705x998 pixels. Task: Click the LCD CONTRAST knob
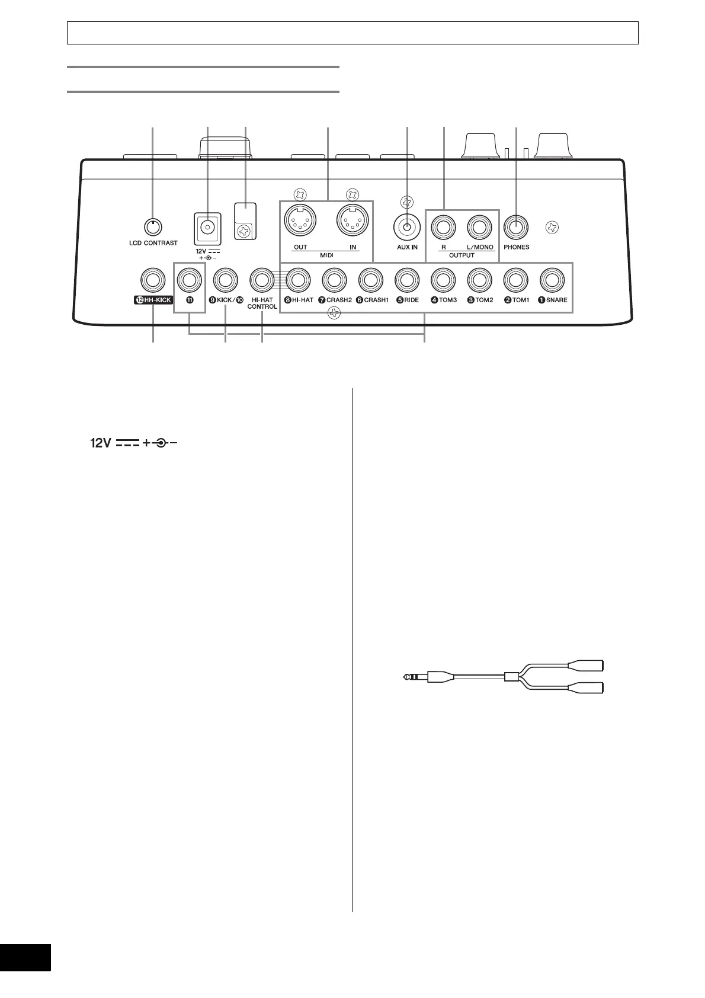click(x=153, y=226)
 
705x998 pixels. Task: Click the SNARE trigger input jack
click(x=552, y=279)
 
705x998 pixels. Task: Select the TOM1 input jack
click(x=516, y=279)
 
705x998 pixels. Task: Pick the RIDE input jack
click(x=407, y=279)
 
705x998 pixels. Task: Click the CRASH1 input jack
click(x=371, y=279)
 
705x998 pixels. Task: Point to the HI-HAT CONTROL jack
click(x=262, y=279)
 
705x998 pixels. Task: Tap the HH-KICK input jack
click(x=153, y=279)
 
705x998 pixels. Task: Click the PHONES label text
click(x=516, y=247)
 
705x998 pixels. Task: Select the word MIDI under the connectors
click(x=326, y=255)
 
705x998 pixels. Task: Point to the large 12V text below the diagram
click(x=101, y=443)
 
